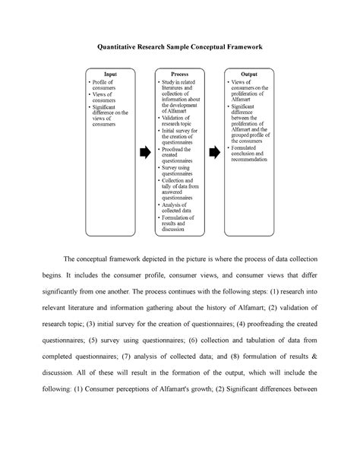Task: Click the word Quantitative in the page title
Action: tap(125, 46)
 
